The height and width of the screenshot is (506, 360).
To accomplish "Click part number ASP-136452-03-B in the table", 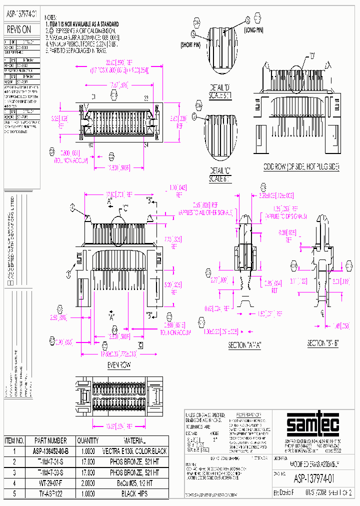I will [x=50, y=451].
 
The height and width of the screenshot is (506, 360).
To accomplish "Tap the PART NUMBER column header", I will [x=50, y=441].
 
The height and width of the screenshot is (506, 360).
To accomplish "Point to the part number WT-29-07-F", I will [x=50, y=483].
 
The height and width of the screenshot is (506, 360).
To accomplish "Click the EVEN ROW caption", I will [x=118, y=365].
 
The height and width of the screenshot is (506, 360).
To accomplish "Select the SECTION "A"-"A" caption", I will [x=245, y=345].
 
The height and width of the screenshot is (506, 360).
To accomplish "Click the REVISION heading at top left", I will [x=19, y=30].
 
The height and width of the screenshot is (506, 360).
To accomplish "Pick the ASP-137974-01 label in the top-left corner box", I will [x=22, y=15].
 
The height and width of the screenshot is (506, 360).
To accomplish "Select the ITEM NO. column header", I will [x=14, y=441].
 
